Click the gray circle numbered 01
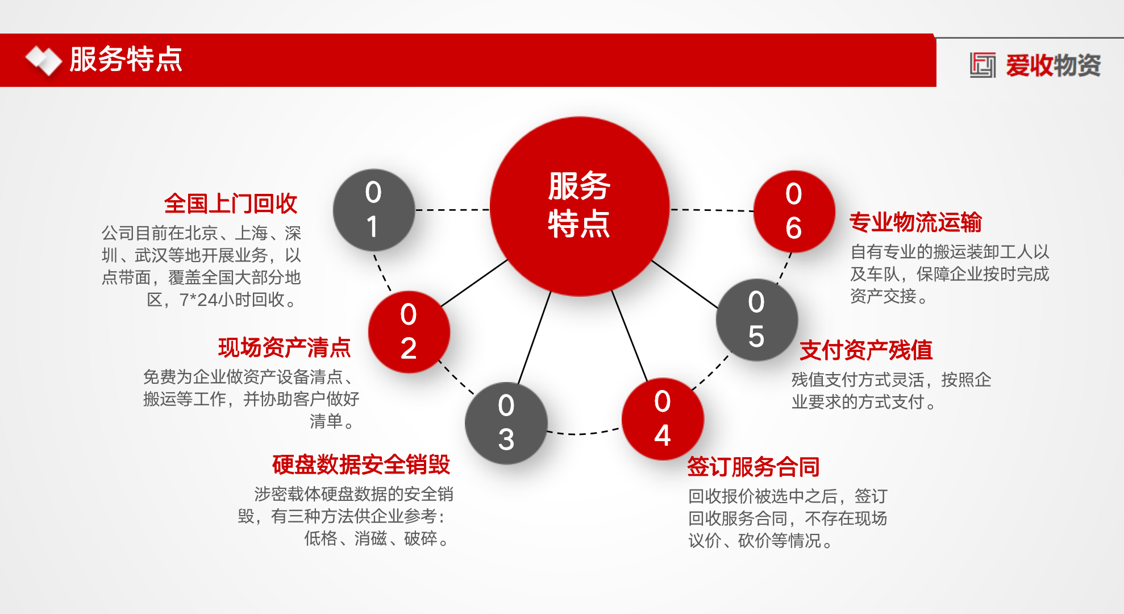coord(374,210)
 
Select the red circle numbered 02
coord(409,332)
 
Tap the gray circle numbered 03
coord(506,423)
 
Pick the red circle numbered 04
coord(663,419)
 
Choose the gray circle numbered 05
coord(757,320)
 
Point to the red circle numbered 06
coord(794,211)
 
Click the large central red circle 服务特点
coord(580,206)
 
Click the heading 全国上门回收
coord(231,204)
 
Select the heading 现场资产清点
coord(285,347)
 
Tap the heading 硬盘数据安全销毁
coord(361,464)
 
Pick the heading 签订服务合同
coord(754,467)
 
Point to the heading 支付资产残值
coord(866,350)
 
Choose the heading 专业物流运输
coord(915,222)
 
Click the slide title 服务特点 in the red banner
coord(126,59)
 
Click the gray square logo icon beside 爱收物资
coord(983,65)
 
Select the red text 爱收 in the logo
coord(1030,65)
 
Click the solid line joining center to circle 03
coord(535,337)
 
